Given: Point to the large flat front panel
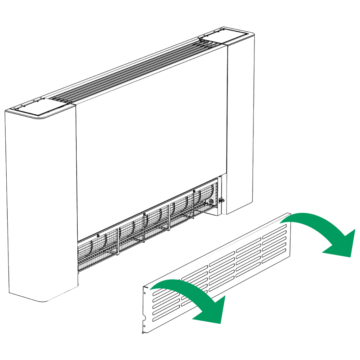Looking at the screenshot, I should (x=151, y=141).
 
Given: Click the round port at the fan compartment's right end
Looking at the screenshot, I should (x=211, y=201).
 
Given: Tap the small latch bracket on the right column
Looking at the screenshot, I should (x=221, y=201).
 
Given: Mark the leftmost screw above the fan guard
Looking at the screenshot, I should (x=98, y=235).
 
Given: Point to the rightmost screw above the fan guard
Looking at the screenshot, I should (x=194, y=191).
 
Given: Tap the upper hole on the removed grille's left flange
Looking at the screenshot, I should (x=144, y=291).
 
